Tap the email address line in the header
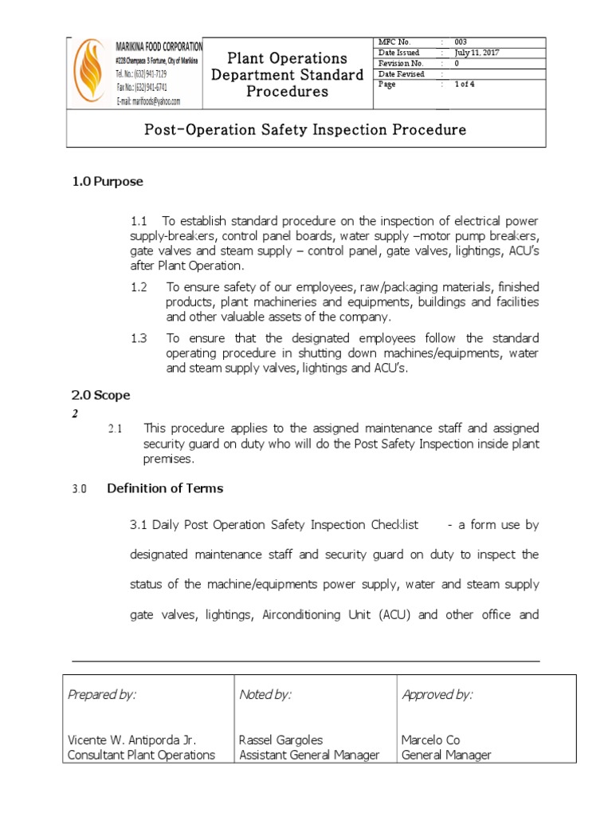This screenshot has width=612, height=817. click(148, 101)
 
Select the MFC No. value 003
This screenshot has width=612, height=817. click(461, 41)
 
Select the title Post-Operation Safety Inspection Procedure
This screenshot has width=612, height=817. click(305, 129)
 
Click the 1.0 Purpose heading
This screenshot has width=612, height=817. click(108, 181)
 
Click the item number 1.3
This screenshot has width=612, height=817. click(139, 338)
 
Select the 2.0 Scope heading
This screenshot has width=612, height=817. click(101, 395)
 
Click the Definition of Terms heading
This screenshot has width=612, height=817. click(165, 487)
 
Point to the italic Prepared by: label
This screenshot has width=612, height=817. click(103, 695)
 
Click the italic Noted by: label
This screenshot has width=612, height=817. click(265, 695)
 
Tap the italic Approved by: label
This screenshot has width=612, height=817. click(437, 695)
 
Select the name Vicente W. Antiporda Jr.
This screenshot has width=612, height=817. click(131, 740)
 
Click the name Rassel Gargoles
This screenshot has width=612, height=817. click(281, 740)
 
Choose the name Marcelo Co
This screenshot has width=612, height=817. click(431, 740)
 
